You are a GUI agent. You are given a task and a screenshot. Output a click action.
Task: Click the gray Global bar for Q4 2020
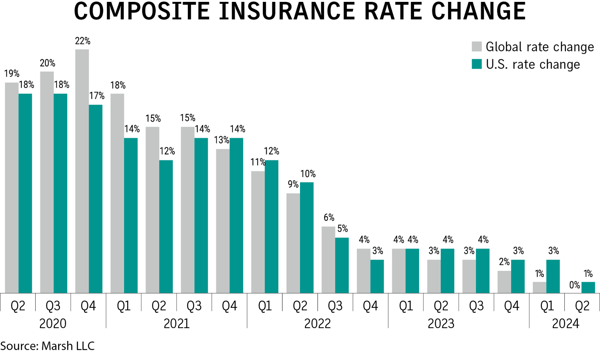click(x=82, y=171)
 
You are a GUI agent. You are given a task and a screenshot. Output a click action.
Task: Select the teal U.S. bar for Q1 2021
click(x=131, y=215)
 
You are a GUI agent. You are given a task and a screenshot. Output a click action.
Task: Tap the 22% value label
click(x=82, y=41)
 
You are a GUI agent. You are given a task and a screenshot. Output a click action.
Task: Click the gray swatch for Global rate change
click(x=477, y=46)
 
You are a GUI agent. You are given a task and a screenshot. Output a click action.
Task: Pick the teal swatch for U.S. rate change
click(x=477, y=64)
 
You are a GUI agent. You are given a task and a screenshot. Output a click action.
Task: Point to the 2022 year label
click(x=317, y=323)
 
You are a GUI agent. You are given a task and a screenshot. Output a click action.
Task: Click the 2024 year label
click(x=565, y=323)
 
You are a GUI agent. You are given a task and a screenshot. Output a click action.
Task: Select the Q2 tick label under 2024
click(x=582, y=306)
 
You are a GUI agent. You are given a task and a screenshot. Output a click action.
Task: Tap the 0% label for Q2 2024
click(x=574, y=285)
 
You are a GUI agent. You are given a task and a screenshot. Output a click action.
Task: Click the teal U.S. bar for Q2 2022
click(x=307, y=237)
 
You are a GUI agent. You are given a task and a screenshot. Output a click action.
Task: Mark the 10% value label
click(x=308, y=174)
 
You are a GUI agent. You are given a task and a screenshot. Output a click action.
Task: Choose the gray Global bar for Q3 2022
click(x=328, y=259)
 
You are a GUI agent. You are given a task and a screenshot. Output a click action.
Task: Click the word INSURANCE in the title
click(x=286, y=11)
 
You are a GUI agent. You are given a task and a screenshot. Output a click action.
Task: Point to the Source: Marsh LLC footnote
click(x=47, y=346)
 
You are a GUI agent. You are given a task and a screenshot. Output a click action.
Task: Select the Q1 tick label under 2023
click(x=406, y=306)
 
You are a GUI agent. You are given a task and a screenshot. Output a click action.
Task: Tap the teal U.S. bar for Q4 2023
click(x=518, y=276)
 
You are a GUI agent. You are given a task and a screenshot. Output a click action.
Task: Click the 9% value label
click(x=293, y=184)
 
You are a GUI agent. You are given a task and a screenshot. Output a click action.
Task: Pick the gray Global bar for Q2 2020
click(x=12, y=187)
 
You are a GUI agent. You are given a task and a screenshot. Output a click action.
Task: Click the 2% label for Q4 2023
click(x=504, y=262)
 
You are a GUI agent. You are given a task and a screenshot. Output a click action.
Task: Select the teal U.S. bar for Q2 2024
click(x=588, y=287)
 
